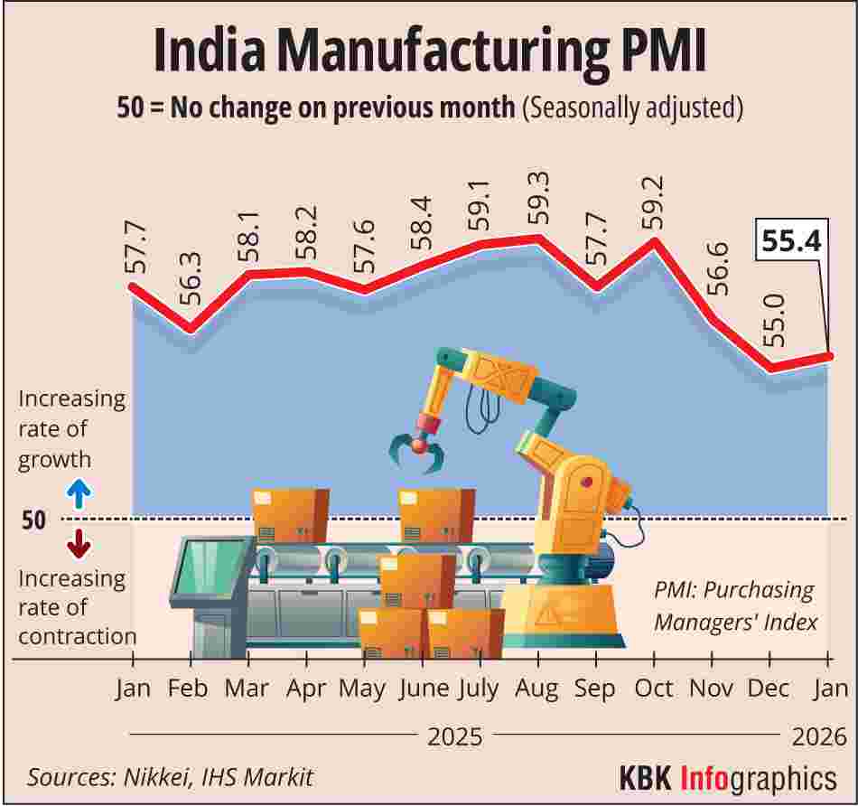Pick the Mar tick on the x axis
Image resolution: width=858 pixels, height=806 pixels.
click(247, 688)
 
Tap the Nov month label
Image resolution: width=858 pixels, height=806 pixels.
click(712, 688)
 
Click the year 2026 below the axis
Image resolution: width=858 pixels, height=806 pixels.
click(819, 736)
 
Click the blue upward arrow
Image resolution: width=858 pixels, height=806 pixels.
click(79, 493)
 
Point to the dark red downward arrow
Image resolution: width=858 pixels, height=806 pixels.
click(79, 543)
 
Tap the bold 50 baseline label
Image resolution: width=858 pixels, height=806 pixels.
click(33, 520)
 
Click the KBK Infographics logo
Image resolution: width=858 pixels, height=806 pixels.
click(727, 776)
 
